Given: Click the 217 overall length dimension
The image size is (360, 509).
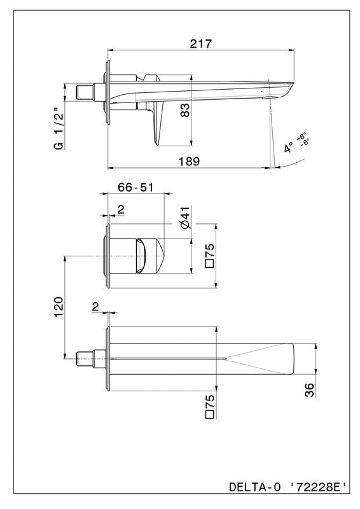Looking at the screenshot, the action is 200,44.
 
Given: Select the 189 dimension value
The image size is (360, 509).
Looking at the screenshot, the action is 190,162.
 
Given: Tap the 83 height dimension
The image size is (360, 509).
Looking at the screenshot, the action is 184,110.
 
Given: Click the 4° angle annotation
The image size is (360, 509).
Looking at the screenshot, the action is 289,147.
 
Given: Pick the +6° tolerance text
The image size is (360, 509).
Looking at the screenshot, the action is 301,136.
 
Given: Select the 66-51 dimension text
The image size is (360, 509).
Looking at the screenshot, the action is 135,187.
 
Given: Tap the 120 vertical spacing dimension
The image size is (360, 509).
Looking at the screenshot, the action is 59,307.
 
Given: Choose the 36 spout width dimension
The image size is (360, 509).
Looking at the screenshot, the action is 310,389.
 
